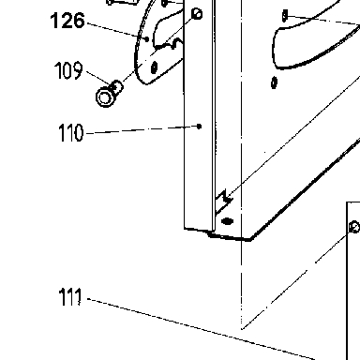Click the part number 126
pyautogui.click(x=67, y=21)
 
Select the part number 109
pyautogui.click(x=68, y=70)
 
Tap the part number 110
pyautogui.click(x=71, y=132)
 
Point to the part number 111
pyautogui.click(x=70, y=297)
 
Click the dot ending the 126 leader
pyautogui.click(x=147, y=38)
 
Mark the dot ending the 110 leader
pyautogui.click(x=200, y=127)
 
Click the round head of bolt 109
pyautogui.click(x=105, y=97)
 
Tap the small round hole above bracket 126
pyautogui.click(x=197, y=14)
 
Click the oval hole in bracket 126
pyautogui.click(x=154, y=67)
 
